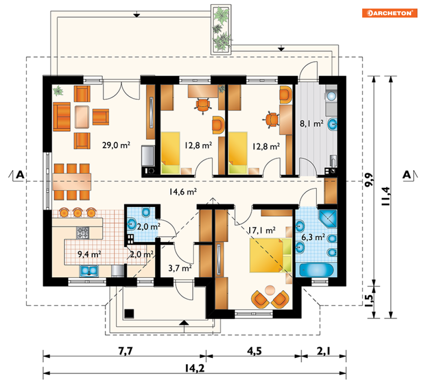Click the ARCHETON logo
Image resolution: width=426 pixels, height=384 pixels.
click(x=389, y=13)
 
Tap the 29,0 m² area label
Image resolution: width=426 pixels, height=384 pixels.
click(x=116, y=145)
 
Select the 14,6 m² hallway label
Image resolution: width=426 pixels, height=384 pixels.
click(x=183, y=192)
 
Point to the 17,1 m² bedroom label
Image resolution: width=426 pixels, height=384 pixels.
click(x=262, y=231)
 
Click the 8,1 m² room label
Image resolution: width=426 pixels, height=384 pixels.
click(x=312, y=124)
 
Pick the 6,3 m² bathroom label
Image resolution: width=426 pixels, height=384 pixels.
click(x=313, y=237)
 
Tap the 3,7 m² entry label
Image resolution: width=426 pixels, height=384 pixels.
click(x=180, y=268)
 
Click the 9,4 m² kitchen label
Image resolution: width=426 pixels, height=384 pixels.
click(x=89, y=254)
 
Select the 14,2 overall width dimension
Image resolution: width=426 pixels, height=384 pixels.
click(x=194, y=369)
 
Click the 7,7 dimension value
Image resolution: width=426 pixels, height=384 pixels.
click(x=125, y=351)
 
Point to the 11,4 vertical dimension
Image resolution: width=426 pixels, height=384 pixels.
click(x=386, y=196)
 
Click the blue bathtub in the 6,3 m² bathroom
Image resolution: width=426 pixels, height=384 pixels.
click(x=316, y=270)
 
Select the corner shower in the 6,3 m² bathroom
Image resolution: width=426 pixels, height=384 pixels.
click(x=328, y=219)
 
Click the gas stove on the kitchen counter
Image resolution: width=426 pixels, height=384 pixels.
click(x=83, y=233)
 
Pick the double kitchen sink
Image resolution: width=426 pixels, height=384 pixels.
click(x=89, y=271)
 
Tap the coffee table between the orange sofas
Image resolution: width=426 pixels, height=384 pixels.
click(x=82, y=117)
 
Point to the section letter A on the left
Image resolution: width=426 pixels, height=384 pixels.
click(x=20, y=175)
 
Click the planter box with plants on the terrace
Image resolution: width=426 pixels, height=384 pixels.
click(x=221, y=30)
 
